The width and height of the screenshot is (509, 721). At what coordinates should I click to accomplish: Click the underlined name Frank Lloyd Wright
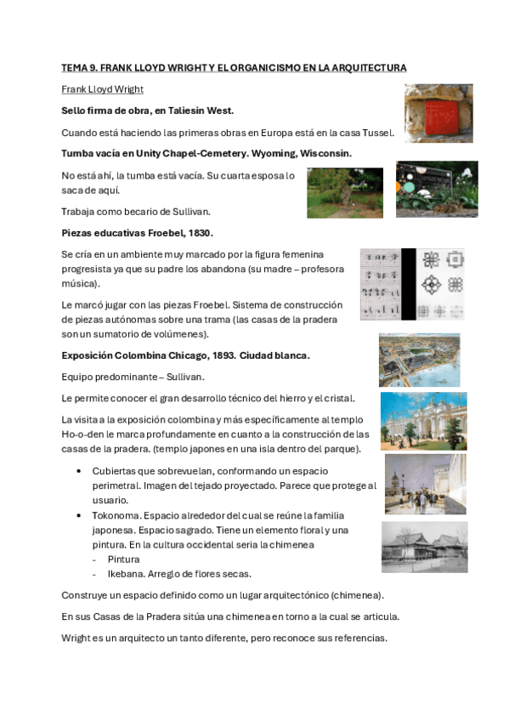pos(103,89)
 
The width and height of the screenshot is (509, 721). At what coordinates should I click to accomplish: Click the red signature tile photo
pos(438,112)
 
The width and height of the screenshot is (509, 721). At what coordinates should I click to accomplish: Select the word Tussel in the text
pos(376,133)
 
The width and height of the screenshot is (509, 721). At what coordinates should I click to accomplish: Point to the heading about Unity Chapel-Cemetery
pos(206,154)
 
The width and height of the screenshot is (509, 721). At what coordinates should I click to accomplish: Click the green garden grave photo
pos(344,192)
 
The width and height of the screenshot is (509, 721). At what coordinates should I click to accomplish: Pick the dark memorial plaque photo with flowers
pos(436,190)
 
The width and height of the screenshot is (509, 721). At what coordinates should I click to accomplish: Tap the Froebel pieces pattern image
pos(412,284)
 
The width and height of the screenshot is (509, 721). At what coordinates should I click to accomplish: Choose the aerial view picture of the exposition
pos(419,360)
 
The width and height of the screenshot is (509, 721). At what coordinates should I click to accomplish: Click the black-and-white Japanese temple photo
pos(424,547)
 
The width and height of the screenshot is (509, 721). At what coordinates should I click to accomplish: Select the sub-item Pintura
pos(123,559)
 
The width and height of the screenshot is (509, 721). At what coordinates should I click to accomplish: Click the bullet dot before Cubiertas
pos(79,471)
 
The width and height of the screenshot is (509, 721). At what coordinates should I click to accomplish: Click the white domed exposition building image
pos(423,421)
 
